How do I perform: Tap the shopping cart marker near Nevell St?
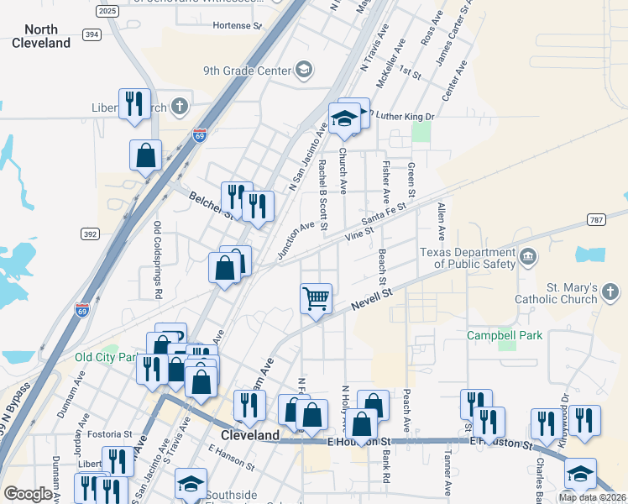316,297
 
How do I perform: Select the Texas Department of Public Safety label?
467,258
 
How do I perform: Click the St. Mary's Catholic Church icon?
610,292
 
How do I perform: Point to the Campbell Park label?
505,335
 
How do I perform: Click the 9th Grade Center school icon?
303,71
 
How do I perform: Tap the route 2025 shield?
107,10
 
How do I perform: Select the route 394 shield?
92,34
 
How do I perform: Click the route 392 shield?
91,233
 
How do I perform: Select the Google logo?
29,494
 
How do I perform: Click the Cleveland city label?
249,435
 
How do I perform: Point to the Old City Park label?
104,357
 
